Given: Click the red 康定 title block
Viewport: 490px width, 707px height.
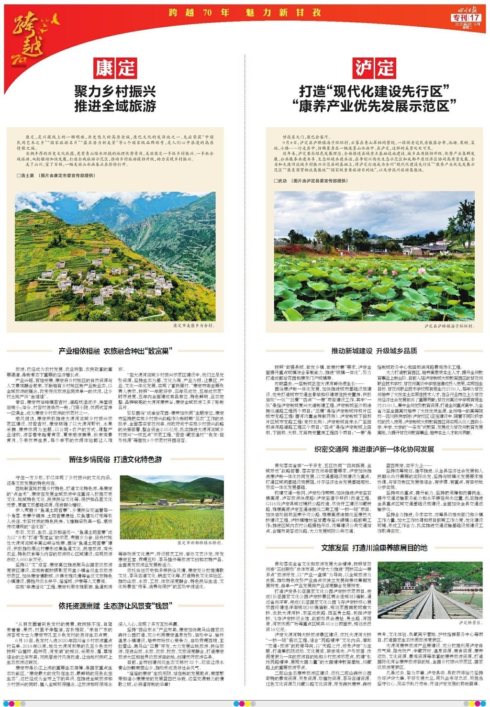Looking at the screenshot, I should [115, 68].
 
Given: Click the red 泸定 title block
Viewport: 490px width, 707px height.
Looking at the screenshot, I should [374, 68].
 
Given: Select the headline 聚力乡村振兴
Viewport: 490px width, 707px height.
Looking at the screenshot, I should [115, 90].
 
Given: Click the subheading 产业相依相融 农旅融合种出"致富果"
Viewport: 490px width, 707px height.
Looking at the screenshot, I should [115, 351].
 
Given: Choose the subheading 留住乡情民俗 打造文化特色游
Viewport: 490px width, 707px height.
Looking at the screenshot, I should [115, 459].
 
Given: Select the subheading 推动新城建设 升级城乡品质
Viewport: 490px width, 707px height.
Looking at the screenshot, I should [374, 351].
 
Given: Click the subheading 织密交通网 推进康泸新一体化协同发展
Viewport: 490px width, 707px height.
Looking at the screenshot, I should [374, 449].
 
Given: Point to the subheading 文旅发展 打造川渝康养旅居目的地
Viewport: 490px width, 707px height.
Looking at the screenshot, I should [374, 548].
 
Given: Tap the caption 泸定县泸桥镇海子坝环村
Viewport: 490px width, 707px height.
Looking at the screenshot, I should [449, 326].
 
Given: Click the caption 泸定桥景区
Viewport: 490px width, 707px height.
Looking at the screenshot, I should [469, 623].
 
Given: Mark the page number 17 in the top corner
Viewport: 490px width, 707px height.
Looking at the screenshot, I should [474, 17].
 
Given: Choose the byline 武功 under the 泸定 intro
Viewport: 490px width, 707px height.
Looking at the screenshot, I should [282, 181].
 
